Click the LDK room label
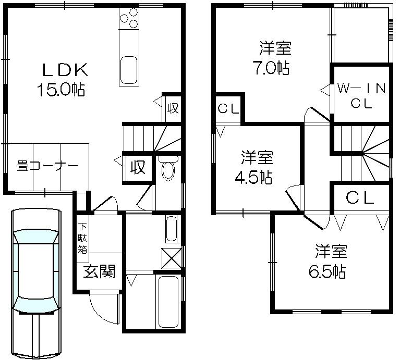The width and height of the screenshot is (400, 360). pos(60,69)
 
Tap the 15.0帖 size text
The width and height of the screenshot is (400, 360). pos(60,90)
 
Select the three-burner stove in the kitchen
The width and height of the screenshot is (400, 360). pos(129,20)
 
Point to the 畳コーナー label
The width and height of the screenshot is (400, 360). pos(47,166)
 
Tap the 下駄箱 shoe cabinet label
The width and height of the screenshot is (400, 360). pos(82,238)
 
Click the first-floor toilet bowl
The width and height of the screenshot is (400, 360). pos(168,169)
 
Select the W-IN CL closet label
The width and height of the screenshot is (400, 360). pos(361,95)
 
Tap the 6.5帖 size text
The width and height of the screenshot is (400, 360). pos(331,271)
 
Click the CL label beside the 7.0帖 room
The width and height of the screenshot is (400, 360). pos(228,109)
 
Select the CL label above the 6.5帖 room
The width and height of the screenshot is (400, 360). pos(360,197)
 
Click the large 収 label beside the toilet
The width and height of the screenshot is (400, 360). pos(138,168)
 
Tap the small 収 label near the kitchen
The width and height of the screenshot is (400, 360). pos(173,109)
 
